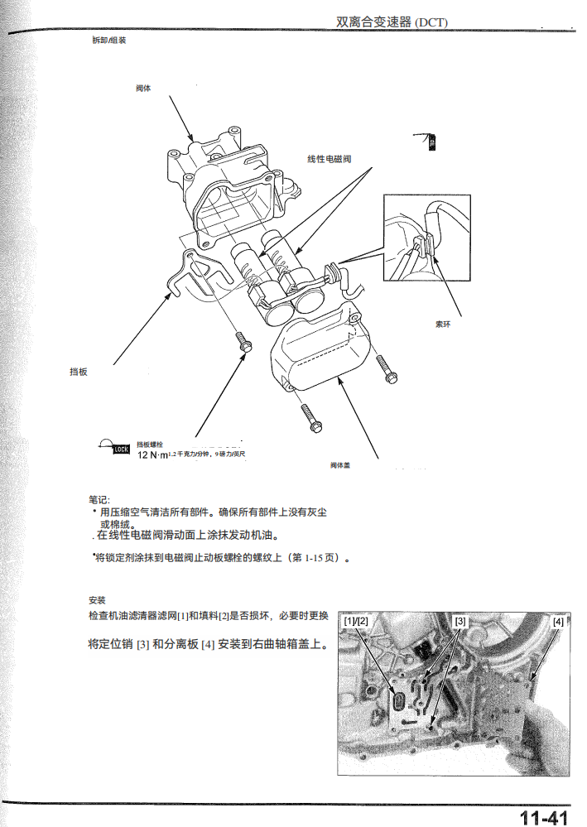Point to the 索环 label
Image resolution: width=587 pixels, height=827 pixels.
click(443, 324)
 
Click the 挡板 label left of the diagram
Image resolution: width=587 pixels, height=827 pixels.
click(79, 372)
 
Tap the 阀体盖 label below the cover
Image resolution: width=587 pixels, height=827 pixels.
click(340, 465)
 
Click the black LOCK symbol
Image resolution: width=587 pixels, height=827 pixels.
click(120, 450)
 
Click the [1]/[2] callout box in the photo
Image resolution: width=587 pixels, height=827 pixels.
click(356, 621)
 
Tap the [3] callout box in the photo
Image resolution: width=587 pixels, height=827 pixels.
click(461, 621)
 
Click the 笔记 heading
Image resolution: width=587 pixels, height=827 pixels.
click(99, 499)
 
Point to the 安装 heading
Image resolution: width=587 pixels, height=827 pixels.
click(96, 599)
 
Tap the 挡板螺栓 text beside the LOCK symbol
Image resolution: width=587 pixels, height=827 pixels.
click(150, 445)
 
